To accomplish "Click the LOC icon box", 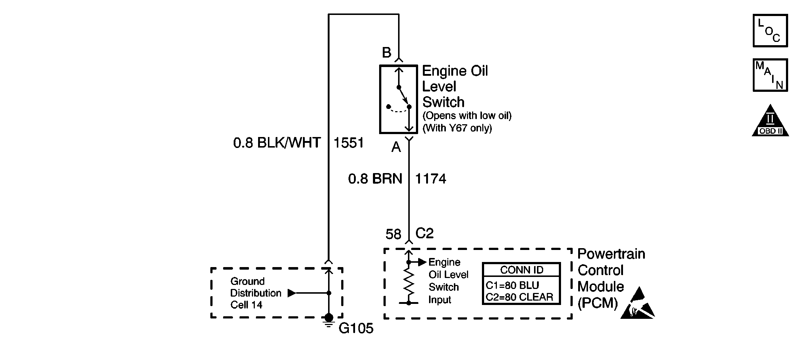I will pyautogui.click(x=770, y=31).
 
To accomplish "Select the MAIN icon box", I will pyautogui.click(x=770, y=75).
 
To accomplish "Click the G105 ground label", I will pyautogui.click(x=356, y=329).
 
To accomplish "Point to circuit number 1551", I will pyautogui.click(x=349, y=143).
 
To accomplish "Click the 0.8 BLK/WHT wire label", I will pyautogui.click(x=277, y=143).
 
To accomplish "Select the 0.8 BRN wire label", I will pyautogui.click(x=375, y=179).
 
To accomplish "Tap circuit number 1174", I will pyautogui.click(x=431, y=179).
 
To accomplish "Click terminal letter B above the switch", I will pyautogui.click(x=386, y=53).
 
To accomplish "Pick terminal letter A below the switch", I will pyautogui.click(x=396, y=147).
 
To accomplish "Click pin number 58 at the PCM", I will pyautogui.click(x=393, y=234).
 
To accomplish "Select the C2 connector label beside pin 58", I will pyautogui.click(x=424, y=233).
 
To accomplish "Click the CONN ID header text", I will pyautogui.click(x=521, y=270).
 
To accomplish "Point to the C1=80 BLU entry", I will pyautogui.click(x=512, y=285).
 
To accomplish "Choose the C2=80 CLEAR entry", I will pyautogui.click(x=519, y=297).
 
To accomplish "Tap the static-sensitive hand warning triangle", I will pyautogui.click(x=638, y=304).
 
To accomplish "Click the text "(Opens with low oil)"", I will pyautogui.click(x=467, y=116).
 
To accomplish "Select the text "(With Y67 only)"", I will pyautogui.click(x=457, y=128).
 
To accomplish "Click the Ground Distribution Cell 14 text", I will pyautogui.click(x=255, y=293).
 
